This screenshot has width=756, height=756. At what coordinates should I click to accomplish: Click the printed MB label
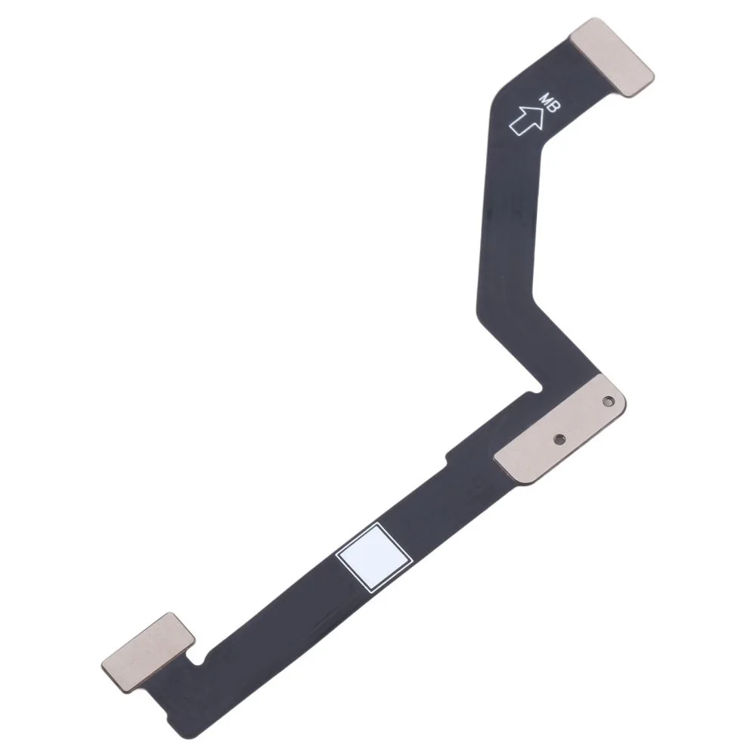(549, 104)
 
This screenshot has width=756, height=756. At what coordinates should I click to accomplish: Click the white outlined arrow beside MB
(527, 119)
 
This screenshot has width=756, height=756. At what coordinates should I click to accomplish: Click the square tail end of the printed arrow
(515, 130)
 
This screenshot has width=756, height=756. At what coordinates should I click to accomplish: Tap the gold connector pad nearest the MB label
(612, 57)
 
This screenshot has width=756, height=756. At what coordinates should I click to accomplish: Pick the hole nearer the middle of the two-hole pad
(559, 438)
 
